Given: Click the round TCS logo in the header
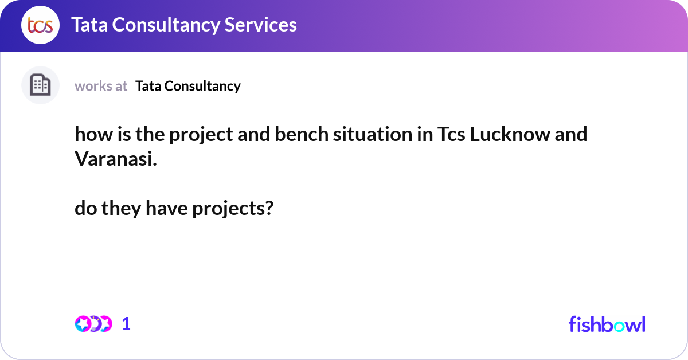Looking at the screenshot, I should [x=40, y=25].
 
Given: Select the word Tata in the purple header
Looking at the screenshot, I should [x=90, y=25].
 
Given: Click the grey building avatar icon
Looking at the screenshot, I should [x=40, y=85].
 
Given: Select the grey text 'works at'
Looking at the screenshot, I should [x=101, y=86].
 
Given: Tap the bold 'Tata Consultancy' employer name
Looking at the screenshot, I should [x=188, y=86].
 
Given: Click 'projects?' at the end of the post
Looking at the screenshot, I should [x=232, y=209].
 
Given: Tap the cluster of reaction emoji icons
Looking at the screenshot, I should [x=93, y=324].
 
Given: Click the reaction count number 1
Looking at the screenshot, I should [x=126, y=324].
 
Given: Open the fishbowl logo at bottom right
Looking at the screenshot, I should [x=607, y=324].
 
